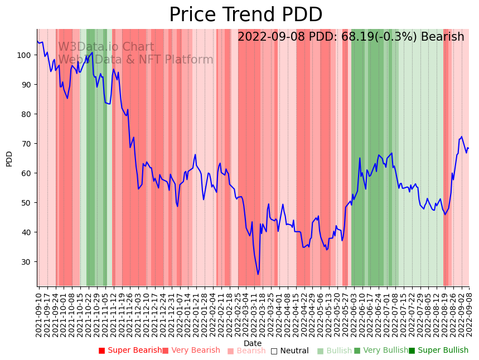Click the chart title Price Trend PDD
[x=245, y=15]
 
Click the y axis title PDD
[x=9, y=159]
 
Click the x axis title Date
[x=253, y=344]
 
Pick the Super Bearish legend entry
[x=130, y=351]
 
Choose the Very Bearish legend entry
[x=191, y=351]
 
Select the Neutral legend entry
[x=289, y=351]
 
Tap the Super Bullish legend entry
[x=438, y=351]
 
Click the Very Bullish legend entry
[x=381, y=351]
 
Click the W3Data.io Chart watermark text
[x=106, y=47]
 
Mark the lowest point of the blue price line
[x=258, y=274]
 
